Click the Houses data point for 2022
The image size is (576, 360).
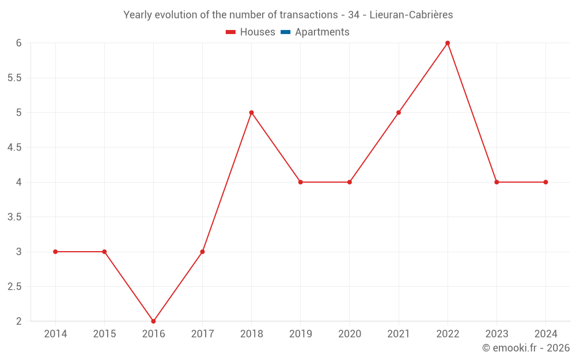[x=448, y=43]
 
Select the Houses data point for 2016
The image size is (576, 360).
[x=153, y=321]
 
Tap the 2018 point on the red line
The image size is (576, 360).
[x=252, y=112]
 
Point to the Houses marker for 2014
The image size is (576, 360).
[x=55, y=252]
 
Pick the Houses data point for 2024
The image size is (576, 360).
[x=545, y=182]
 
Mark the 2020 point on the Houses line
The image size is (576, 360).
[x=350, y=182]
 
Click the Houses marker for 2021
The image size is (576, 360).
[x=399, y=112]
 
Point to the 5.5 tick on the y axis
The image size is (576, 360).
[x=14, y=78]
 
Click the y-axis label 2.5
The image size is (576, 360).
[x=14, y=286]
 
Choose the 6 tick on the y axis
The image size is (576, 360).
[x=18, y=43]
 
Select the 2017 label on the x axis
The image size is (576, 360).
[x=202, y=334]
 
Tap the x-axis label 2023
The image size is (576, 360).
[x=497, y=334]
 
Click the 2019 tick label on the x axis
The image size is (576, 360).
[x=301, y=334]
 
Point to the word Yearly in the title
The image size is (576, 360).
[x=138, y=15]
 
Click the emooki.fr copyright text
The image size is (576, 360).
[x=526, y=348]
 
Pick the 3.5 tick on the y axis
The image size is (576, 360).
[x=14, y=217]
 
